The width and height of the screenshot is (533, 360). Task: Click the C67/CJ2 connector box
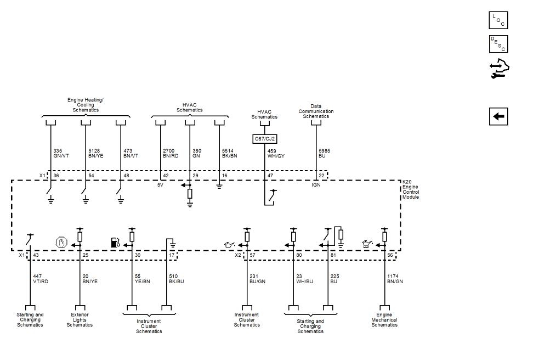point(264,139)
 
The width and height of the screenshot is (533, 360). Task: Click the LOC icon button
point(498,20)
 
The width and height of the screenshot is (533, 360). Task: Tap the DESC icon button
point(498,44)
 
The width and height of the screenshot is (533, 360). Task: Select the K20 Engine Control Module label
point(411,189)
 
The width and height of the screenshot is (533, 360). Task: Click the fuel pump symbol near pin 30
point(115,242)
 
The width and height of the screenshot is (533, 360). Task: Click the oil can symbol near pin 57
point(229,243)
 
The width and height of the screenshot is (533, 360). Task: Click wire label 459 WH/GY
point(275,153)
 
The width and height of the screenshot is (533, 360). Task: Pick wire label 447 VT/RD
point(40,279)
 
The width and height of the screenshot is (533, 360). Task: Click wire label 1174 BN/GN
point(395,279)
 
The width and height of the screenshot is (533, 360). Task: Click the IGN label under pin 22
point(316,185)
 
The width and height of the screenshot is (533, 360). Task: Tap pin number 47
point(270,176)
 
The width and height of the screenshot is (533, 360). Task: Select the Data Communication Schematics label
point(316,111)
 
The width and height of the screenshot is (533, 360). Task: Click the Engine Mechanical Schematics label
point(384,319)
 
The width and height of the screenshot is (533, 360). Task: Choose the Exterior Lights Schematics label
point(80,319)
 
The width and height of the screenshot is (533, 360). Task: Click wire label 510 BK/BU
point(177,279)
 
